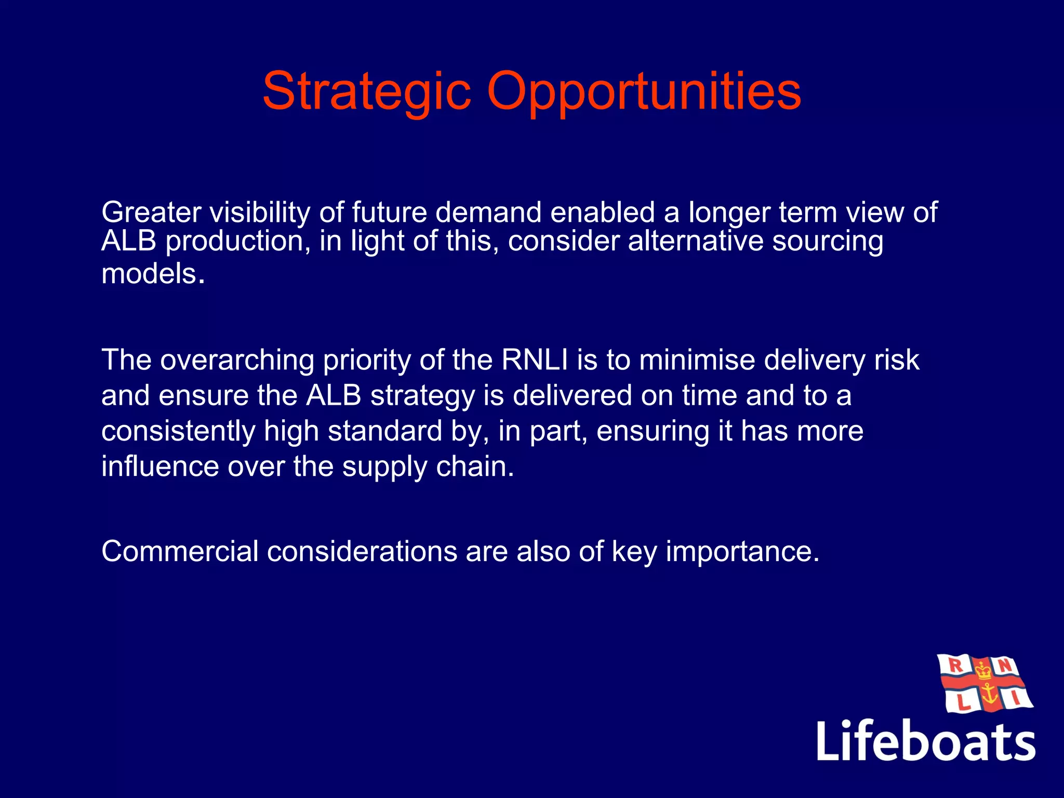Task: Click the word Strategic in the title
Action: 367,92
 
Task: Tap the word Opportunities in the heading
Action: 644,92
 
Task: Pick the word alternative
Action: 695,241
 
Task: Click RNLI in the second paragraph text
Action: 535,360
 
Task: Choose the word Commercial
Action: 180,551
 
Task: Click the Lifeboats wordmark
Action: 926,740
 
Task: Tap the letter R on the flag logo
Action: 955,664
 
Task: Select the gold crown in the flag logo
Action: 983,671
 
